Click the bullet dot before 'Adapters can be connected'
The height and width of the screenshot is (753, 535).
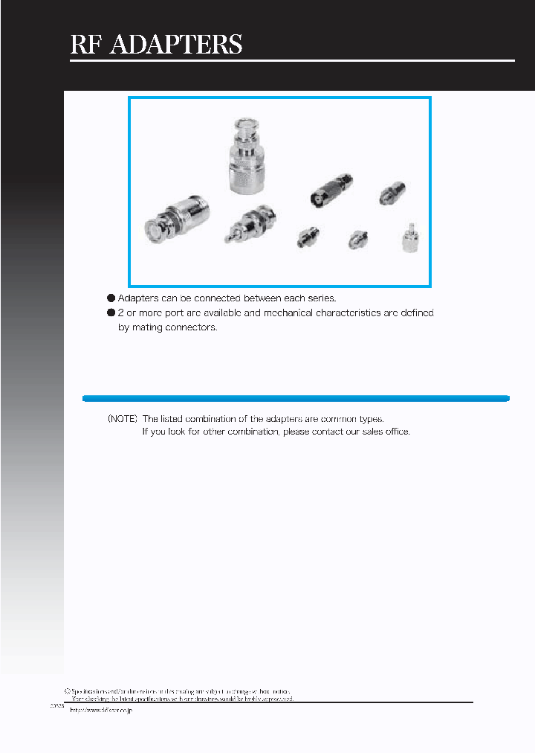111,298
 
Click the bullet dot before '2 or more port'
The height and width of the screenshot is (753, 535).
111,313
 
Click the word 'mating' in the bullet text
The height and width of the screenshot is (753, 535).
152,327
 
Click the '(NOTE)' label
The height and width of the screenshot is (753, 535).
123,419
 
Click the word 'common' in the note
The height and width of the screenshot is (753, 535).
340,419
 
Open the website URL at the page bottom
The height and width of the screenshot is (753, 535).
100,711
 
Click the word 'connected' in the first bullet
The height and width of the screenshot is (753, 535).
206,298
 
